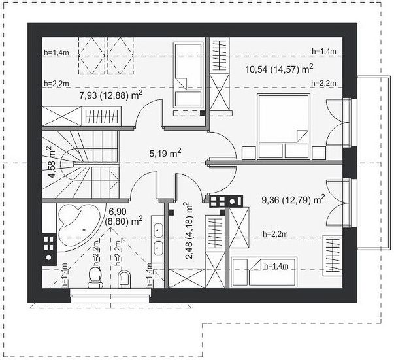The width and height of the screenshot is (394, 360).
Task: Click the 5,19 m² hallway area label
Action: [x=165, y=153]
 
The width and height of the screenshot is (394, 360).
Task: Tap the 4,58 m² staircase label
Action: [x=52, y=162]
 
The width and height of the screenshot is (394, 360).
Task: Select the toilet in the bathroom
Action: [x=95, y=277]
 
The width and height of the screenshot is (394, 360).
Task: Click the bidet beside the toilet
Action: [x=124, y=279]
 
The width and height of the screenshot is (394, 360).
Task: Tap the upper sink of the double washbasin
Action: [x=158, y=230]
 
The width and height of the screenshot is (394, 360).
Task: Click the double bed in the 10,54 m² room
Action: [x=284, y=126]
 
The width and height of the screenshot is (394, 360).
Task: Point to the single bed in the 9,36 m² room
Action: [x=264, y=272]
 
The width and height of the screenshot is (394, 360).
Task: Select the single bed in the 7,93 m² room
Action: [x=188, y=75]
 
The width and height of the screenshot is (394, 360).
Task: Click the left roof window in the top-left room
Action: [x=91, y=56]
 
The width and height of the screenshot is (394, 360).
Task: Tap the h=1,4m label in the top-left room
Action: [x=57, y=52]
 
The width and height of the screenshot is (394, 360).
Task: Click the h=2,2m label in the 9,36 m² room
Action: [x=276, y=234]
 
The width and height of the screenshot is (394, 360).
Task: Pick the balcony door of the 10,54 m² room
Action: [x=338, y=122]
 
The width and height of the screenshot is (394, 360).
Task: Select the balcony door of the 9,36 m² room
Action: [x=338, y=203]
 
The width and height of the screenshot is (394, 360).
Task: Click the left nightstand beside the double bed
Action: [x=249, y=154]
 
